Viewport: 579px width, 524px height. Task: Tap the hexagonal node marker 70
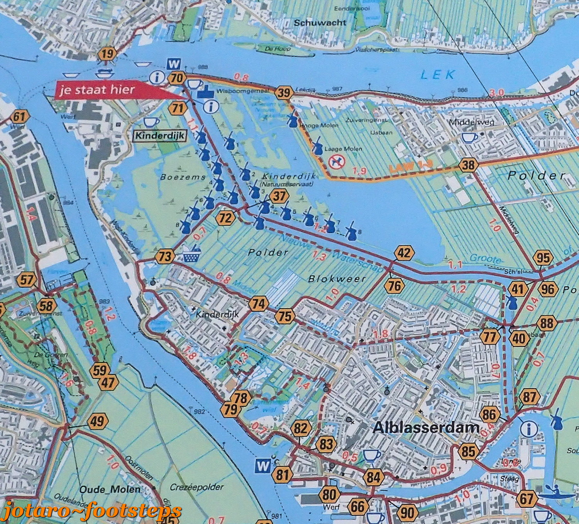[x=176, y=78]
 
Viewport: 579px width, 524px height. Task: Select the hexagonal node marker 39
[x=284, y=93]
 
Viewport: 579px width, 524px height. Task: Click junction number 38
[x=468, y=166]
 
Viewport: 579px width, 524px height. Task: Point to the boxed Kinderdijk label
[x=159, y=136]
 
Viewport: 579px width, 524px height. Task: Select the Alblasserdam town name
[x=426, y=428]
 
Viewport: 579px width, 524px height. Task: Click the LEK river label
[x=438, y=74]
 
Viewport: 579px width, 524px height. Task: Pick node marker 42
[x=404, y=254]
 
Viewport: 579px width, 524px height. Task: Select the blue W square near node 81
[x=262, y=466]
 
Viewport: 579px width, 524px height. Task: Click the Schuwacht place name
[x=320, y=23]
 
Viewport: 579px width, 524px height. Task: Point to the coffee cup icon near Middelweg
[x=470, y=137]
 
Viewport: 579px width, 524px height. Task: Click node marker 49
[x=97, y=421]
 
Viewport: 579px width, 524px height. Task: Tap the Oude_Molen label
[x=110, y=489]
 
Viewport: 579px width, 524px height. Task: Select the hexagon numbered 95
[x=543, y=258]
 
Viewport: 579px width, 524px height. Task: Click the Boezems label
[x=178, y=177]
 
